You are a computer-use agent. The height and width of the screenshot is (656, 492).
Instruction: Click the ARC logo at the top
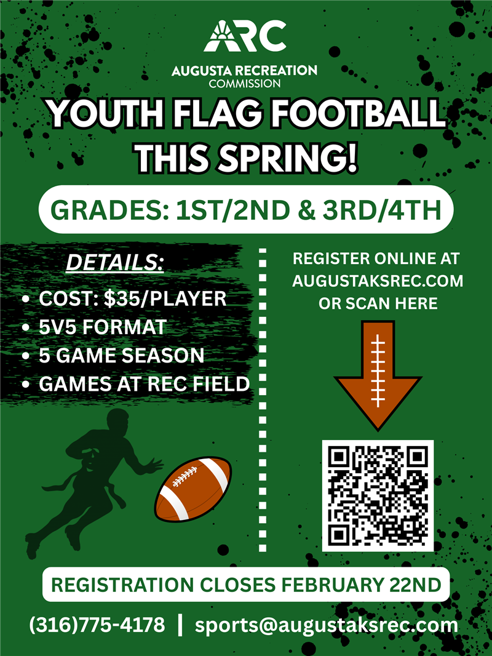tap(244, 37)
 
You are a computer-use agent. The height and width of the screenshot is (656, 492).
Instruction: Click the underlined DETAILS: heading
tap(114, 263)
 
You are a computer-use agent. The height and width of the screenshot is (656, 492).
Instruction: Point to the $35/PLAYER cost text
tap(164, 299)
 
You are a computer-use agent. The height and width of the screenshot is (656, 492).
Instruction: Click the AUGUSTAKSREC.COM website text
tap(378, 281)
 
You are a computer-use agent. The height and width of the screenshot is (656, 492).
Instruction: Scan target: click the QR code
tap(378, 495)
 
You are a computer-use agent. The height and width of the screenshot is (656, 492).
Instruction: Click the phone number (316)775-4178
tap(97, 625)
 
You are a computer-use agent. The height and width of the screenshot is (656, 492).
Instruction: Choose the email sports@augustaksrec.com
tap(327, 625)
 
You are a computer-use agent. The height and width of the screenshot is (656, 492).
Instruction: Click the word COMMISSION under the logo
tap(245, 83)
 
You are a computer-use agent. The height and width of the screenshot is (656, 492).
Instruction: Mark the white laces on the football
tap(185, 476)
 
